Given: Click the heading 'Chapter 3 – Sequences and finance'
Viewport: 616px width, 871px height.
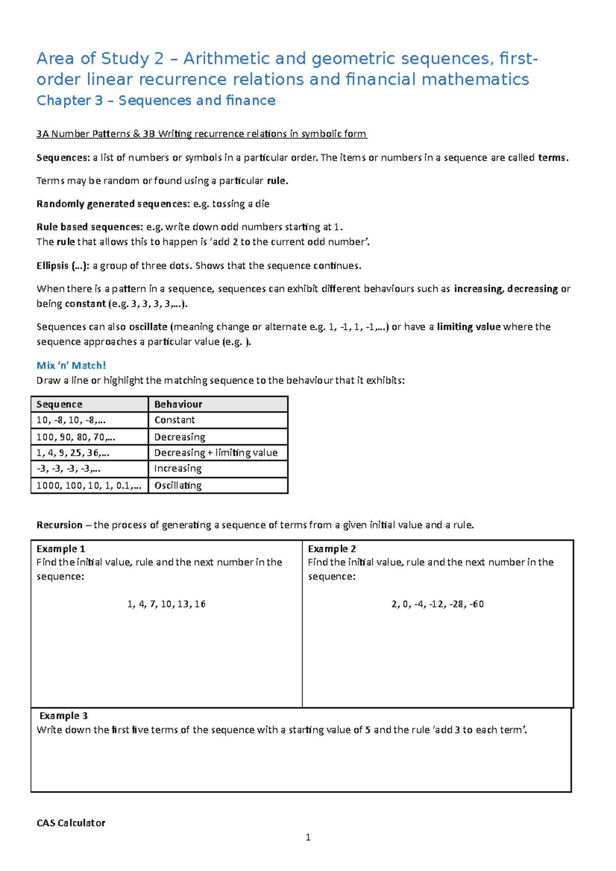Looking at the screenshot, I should [x=156, y=101].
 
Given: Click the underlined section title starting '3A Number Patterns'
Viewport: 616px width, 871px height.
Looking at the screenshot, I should [x=201, y=134].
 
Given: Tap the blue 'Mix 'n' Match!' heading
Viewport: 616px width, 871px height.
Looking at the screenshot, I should [x=71, y=365].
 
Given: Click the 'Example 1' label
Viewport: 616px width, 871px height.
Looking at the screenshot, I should [x=61, y=549].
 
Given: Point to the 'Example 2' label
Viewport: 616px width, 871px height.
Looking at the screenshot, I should [x=332, y=549].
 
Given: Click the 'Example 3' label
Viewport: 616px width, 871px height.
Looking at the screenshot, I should [x=63, y=716].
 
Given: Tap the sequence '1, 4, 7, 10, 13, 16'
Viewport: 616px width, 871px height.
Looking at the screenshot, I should [x=166, y=604].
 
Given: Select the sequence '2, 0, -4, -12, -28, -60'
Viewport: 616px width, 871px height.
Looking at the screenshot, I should [x=437, y=604].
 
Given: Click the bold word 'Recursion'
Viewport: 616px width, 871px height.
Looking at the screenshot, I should [x=59, y=525].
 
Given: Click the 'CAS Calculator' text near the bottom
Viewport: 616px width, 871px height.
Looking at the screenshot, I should [x=71, y=823].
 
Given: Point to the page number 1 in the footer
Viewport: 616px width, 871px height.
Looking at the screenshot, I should [x=308, y=838].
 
